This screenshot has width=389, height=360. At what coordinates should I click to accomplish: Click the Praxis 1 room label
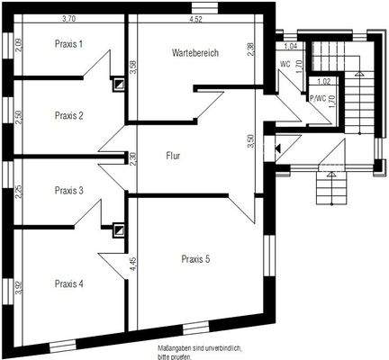(68, 43)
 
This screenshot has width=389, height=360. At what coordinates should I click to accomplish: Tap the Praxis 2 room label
(68, 115)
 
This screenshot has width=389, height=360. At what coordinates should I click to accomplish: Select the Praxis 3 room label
(68, 190)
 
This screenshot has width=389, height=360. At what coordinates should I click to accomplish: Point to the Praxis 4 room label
(68, 283)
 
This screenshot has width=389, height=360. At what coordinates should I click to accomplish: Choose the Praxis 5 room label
(195, 258)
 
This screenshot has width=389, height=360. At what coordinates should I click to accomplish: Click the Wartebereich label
(195, 53)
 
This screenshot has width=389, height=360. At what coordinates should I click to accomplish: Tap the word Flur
(174, 156)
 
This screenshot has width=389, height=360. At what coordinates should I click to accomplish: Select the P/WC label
(317, 99)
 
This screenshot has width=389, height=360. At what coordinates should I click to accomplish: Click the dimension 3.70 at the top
(68, 18)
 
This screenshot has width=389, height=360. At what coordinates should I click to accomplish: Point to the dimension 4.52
(195, 18)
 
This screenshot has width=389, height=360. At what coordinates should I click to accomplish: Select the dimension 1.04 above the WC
(290, 46)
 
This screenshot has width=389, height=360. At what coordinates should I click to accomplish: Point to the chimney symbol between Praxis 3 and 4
(118, 229)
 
